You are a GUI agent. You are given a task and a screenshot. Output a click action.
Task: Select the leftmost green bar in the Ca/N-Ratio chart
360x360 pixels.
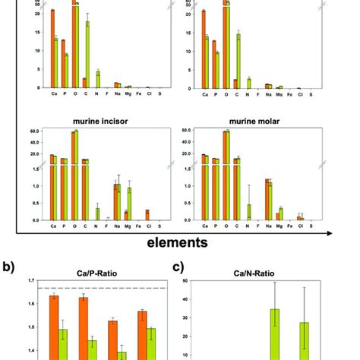point(274,334)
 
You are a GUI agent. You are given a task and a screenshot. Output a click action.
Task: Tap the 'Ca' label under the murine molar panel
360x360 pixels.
point(204,226)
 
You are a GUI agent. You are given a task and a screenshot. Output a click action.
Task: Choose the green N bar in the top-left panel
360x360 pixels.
point(97,80)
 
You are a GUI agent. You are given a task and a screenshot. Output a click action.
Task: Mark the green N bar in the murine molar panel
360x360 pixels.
point(248,212)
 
